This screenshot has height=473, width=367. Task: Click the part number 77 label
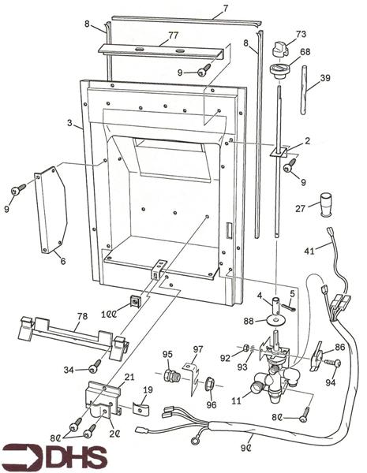173,35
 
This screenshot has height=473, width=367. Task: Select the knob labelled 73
279,49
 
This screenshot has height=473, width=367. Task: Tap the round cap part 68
278,71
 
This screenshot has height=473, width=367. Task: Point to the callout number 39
325,78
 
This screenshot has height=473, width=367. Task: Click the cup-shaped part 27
326,204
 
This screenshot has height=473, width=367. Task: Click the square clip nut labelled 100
135,301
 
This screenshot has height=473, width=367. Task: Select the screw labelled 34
95,366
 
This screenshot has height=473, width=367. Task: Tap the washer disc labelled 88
277,320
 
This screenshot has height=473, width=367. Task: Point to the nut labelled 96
210,384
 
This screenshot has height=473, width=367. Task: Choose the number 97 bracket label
198,349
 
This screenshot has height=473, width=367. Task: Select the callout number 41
309,251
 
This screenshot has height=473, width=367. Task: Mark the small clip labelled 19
140,408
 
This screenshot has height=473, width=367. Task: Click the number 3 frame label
69,123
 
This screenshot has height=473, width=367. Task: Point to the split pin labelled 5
290,307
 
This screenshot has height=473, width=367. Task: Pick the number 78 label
82,316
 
